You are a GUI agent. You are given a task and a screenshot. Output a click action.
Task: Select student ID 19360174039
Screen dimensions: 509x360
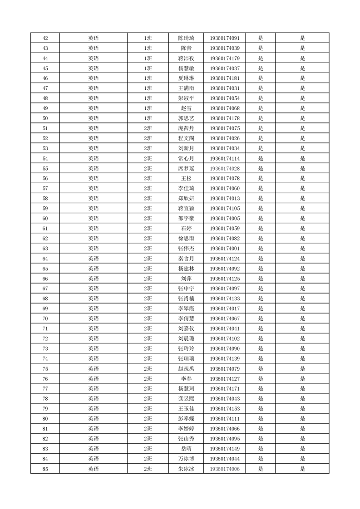[x=225, y=48]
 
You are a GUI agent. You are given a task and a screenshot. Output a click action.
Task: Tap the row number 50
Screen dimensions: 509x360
[x=45, y=118]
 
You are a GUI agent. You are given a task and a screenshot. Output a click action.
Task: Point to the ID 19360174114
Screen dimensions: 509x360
[x=225, y=158]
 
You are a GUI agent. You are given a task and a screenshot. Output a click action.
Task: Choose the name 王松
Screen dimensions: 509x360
[x=186, y=178]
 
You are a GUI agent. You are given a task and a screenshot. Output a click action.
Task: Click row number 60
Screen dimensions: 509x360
[x=45, y=219]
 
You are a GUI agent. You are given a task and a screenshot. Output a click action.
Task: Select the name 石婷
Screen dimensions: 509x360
[x=186, y=229]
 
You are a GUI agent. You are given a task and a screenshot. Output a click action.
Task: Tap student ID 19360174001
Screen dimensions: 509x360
[x=225, y=249]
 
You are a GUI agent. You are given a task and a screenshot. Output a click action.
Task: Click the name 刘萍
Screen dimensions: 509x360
[x=186, y=279]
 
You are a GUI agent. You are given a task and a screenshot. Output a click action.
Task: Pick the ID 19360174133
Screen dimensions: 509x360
[x=225, y=299]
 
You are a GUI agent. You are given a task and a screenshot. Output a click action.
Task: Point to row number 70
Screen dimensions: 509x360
[x=45, y=318]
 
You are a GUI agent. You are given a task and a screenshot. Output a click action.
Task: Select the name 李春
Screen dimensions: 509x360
[x=186, y=379]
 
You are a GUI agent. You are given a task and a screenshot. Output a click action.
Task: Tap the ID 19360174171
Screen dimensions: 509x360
[x=225, y=389]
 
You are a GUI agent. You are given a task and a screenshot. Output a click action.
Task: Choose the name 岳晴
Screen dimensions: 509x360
[x=186, y=449]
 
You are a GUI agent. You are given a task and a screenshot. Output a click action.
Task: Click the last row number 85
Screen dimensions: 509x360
[x=45, y=469]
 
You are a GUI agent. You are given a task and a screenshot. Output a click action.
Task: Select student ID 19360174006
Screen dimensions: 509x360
[x=225, y=469]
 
